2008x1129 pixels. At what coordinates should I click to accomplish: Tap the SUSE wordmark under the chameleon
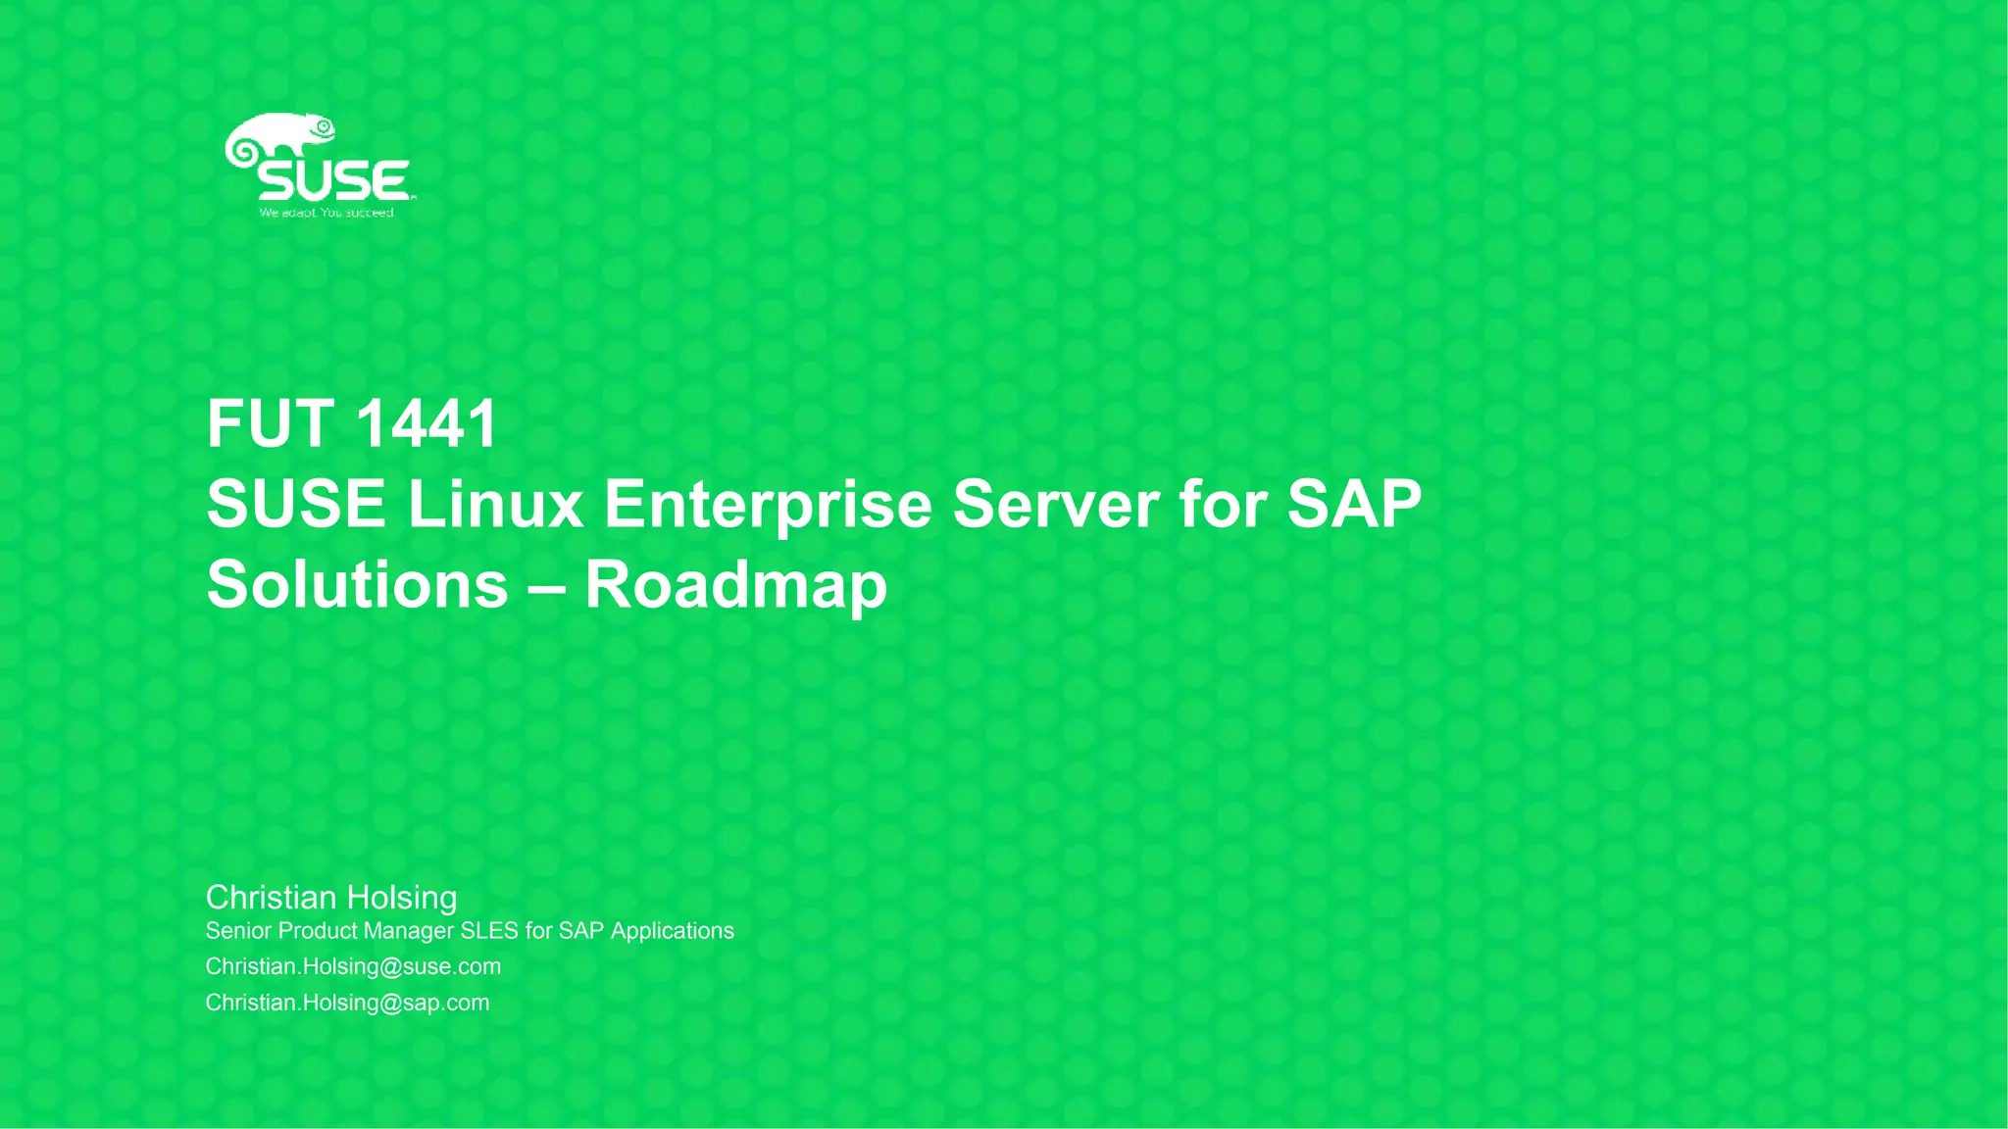333,182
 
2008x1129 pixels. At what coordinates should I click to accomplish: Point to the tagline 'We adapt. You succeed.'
326,213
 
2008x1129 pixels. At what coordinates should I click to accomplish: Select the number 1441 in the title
427,424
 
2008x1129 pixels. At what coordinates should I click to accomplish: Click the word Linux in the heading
495,505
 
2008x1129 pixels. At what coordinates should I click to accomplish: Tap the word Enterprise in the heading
768,505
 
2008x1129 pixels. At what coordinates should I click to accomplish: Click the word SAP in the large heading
1354,505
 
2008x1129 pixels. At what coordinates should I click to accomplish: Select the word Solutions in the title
358,585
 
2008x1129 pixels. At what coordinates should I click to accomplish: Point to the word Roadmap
735,585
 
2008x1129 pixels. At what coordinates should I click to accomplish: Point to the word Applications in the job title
672,931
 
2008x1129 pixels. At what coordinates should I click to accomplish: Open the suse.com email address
353,967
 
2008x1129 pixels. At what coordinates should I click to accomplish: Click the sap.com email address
347,1004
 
